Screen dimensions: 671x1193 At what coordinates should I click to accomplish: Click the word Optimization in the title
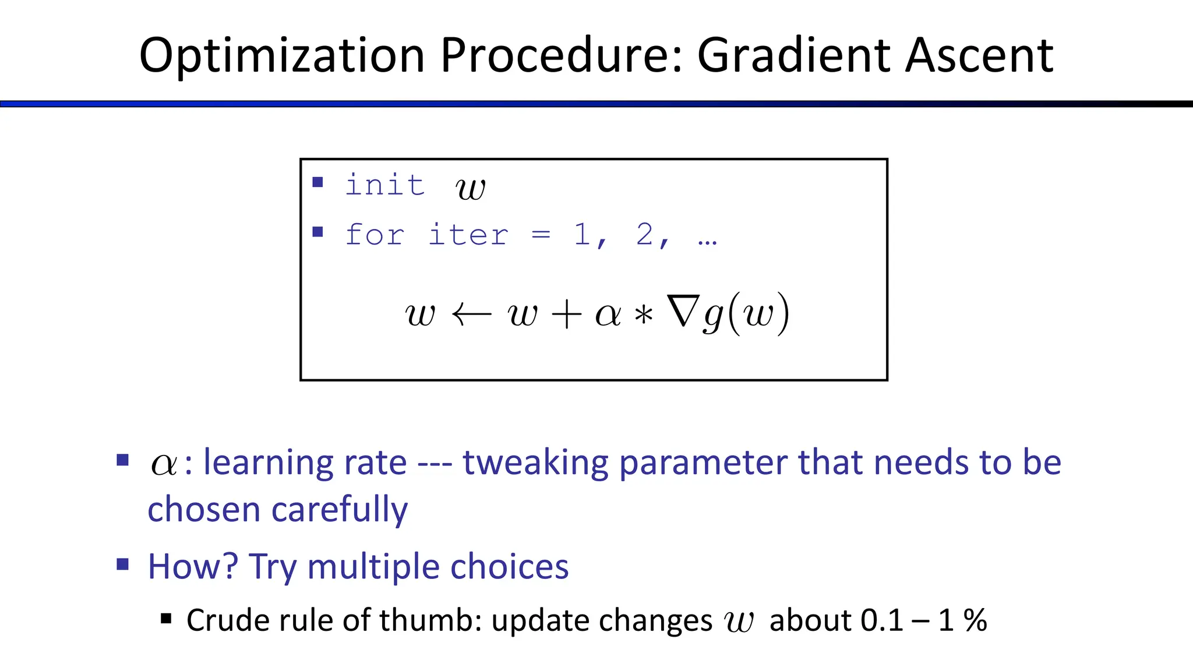282,56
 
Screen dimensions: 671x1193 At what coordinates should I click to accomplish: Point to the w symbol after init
470,188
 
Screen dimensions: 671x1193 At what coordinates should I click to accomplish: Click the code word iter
468,235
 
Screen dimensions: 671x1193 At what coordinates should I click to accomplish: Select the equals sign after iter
541,235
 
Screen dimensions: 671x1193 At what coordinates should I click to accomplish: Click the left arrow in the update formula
472,315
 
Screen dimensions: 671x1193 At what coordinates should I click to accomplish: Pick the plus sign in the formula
566,315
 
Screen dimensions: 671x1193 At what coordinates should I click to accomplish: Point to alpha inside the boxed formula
608,315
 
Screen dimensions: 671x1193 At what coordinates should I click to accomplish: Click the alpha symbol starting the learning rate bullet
164,465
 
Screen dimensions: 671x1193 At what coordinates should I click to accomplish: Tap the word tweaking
535,462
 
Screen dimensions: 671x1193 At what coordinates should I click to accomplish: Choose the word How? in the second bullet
193,566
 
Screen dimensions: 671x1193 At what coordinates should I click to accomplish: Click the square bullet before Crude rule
166,619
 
